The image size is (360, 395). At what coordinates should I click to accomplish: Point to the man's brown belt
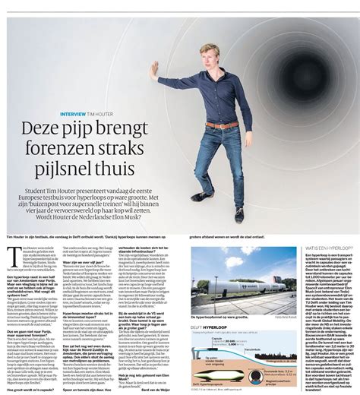click(x=222, y=125)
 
